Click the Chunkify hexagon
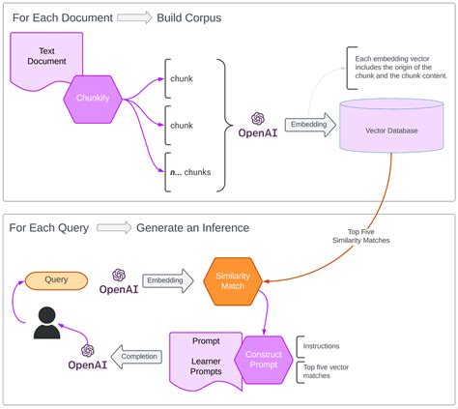93,100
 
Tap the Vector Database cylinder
391,125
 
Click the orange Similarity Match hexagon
233,281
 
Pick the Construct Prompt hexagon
264,360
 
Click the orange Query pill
56,280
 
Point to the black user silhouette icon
46,323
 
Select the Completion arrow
136,357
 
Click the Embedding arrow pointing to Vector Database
310,125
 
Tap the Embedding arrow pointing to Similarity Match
168,280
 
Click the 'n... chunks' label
190,172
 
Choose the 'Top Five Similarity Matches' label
361,236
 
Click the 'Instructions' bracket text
321,346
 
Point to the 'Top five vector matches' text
326,371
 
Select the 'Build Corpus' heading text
189,17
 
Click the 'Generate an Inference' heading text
192,228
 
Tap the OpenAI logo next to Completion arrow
88,357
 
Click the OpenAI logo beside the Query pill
119,281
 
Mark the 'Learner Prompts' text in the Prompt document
206,366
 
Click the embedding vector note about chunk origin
401,68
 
